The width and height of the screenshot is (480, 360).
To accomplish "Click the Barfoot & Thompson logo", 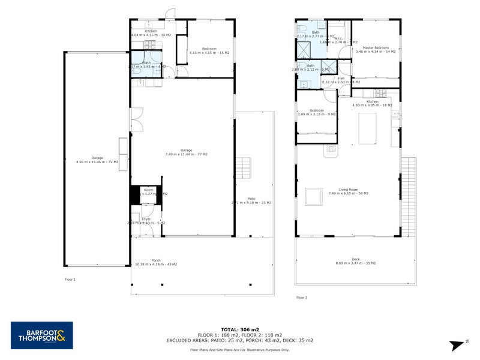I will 42,335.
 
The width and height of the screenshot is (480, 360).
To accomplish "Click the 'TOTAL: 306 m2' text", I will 240,329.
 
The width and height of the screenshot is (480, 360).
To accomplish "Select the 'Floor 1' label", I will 70,280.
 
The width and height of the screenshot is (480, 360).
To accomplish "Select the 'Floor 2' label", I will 301,297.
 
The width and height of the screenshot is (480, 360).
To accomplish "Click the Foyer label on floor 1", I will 146,220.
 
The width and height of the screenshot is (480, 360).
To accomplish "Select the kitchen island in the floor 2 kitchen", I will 367,128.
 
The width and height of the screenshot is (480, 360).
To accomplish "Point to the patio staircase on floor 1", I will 243,164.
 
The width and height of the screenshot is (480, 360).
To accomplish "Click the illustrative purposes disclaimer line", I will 240,349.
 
